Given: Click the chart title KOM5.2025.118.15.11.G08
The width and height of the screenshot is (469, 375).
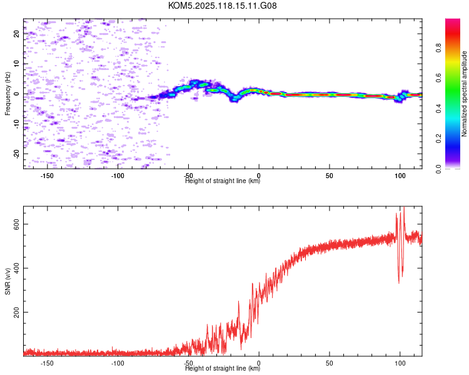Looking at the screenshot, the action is tap(222, 6).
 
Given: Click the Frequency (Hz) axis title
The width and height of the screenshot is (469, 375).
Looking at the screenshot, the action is tap(8, 94).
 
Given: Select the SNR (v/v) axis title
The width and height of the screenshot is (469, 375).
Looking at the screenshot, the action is tap(8, 281).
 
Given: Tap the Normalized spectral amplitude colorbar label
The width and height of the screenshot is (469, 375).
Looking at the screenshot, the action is tap(464, 94).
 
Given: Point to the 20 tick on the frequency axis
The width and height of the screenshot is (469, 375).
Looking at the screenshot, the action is tap(16, 34).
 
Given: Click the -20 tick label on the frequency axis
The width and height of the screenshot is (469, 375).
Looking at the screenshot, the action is tap(16, 153).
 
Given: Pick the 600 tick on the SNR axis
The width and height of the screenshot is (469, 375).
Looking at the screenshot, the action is tap(16, 224).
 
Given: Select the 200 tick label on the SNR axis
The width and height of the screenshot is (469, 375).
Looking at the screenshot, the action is tap(16, 312).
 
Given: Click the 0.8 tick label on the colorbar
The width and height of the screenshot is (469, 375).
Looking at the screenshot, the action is tap(438, 48).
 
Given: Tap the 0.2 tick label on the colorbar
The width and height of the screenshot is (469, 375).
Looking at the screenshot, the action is tap(438, 138).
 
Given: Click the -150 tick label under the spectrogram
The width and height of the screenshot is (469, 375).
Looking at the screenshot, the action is tap(47, 176).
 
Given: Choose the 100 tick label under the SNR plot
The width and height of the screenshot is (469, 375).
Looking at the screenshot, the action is tap(400, 363).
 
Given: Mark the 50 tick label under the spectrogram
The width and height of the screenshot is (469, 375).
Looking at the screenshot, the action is tap(330, 176).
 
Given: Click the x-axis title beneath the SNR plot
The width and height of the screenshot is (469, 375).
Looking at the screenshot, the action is tap(223, 368).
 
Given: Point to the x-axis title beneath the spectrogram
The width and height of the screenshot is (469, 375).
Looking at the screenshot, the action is tap(223, 181).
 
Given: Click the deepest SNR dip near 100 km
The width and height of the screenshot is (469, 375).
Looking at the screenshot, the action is tap(399, 282).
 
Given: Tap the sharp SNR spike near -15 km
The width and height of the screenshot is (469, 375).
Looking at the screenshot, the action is tap(238, 301).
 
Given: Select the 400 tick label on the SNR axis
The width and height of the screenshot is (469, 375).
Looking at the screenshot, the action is tap(16, 268).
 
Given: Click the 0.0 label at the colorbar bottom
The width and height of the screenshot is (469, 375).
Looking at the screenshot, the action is tap(438, 169).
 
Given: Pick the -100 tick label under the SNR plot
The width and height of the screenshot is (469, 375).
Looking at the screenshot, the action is tap(118, 363).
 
